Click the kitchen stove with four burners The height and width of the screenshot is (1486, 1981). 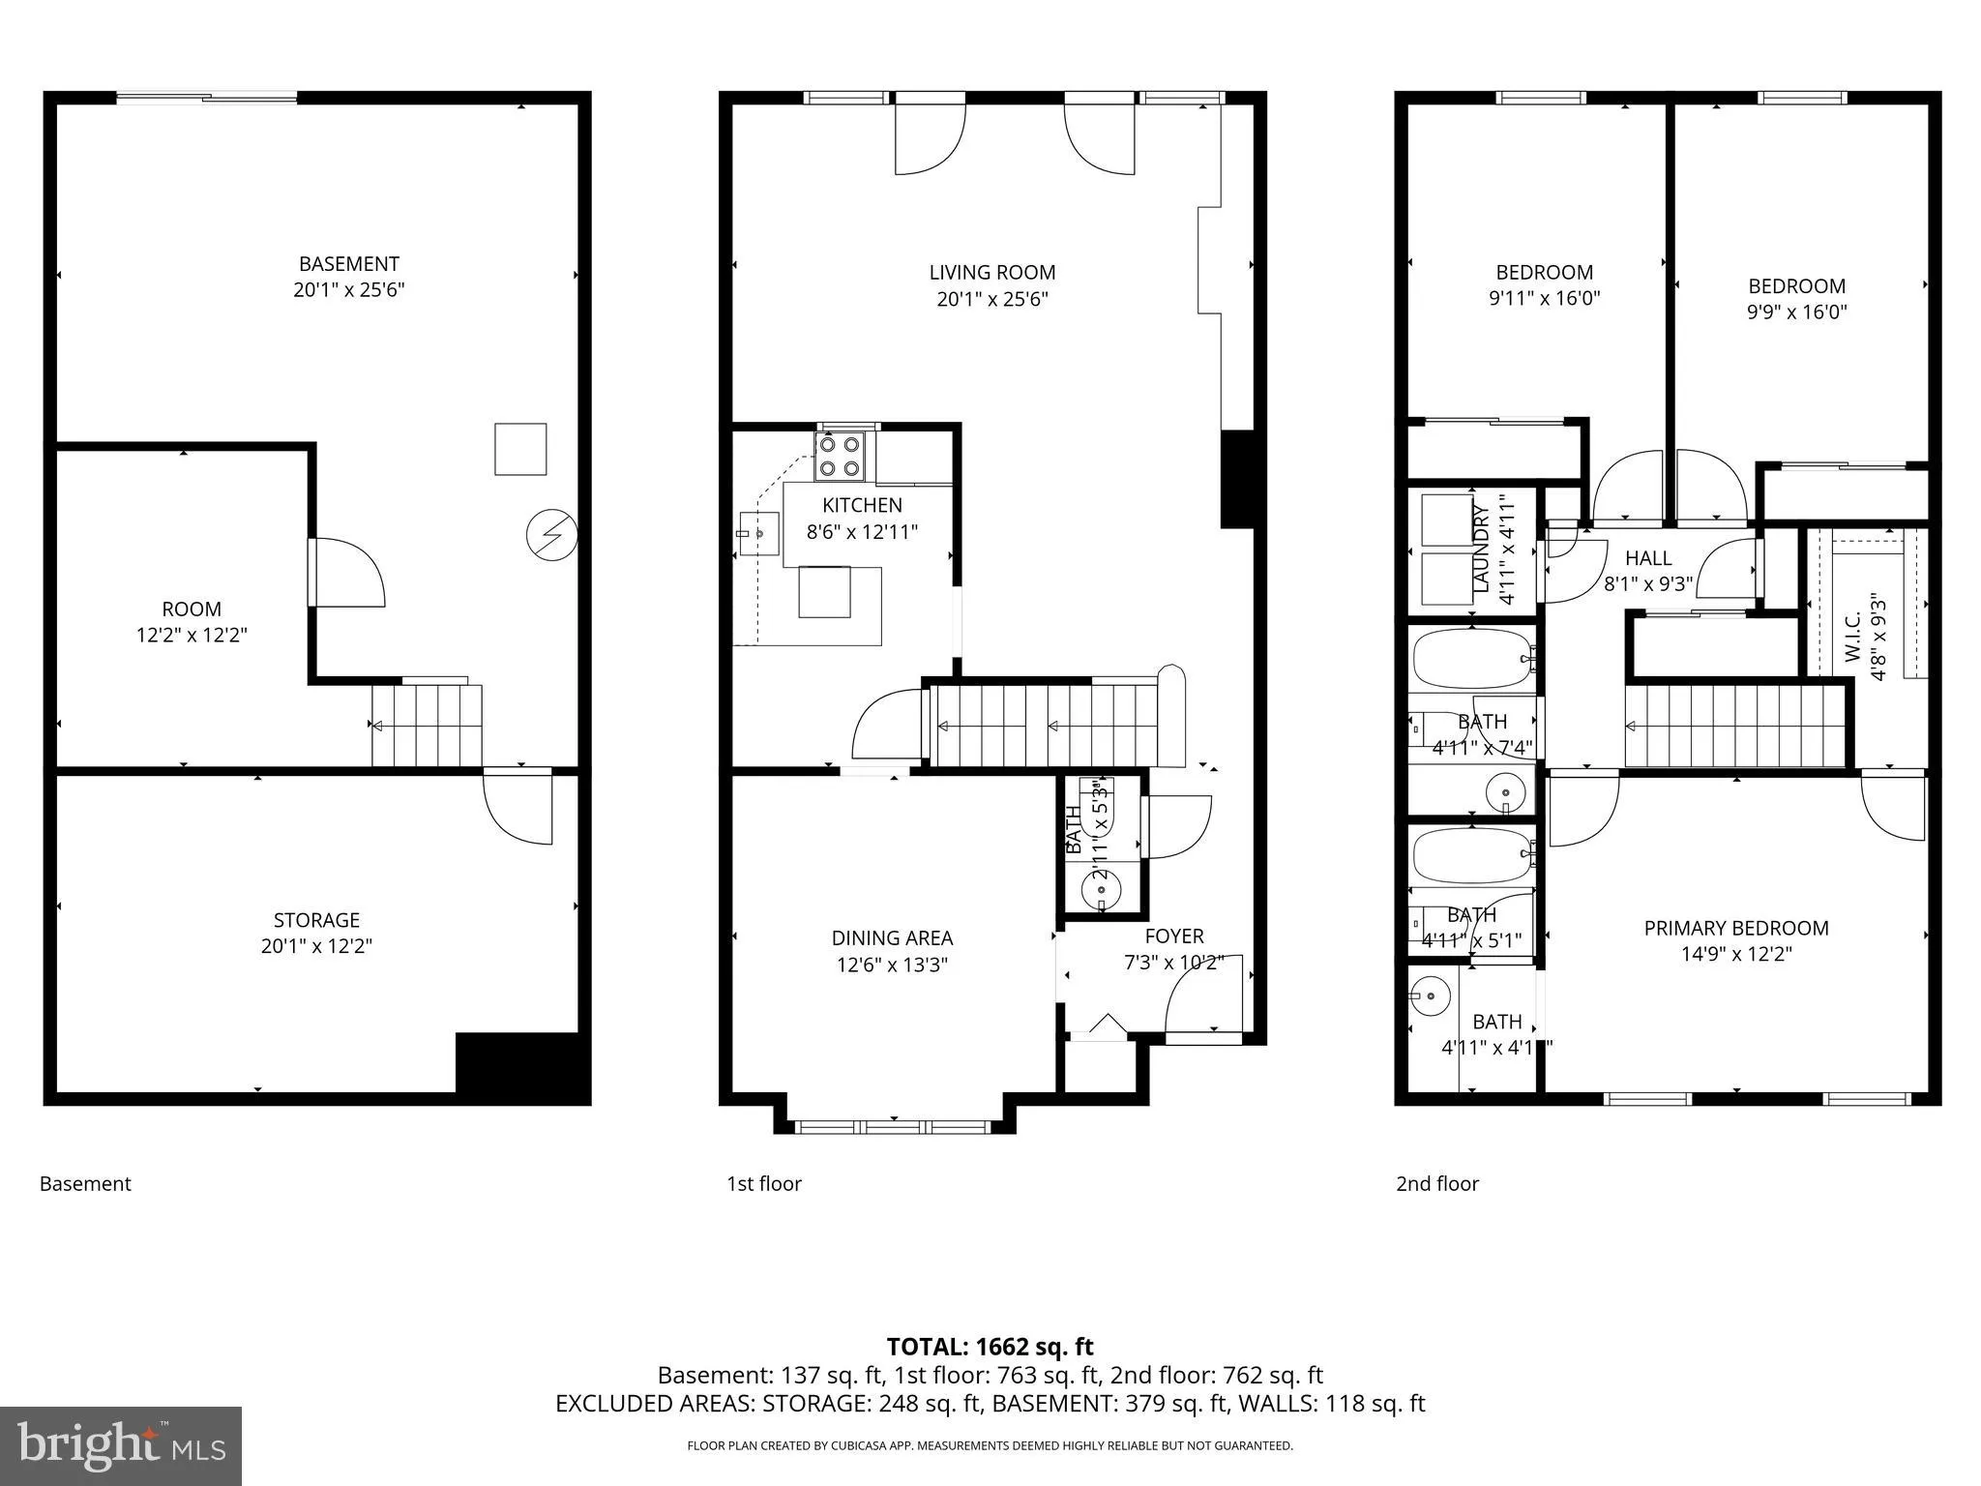[x=839, y=457]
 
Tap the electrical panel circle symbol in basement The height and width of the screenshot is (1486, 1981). [x=551, y=535]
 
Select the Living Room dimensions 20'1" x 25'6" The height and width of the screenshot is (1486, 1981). [x=991, y=299]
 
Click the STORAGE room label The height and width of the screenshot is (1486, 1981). [x=316, y=920]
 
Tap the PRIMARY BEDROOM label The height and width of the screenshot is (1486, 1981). [x=1735, y=928]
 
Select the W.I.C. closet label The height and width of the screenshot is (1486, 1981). [x=1852, y=638]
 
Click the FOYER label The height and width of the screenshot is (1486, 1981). [x=1173, y=936]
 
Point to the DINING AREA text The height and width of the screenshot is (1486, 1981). [x=892, y=937]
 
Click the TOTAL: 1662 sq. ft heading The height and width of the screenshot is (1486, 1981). [x=990, y=1347]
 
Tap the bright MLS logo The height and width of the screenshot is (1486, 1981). [x=120, y=1445]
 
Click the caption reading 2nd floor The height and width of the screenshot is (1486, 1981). [x=1436, y=1183]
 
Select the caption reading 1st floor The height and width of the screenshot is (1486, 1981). [x=764, y=1183]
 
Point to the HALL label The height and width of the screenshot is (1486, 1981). [x=1648, y=558]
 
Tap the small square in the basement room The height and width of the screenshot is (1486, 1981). [x=520, y=449]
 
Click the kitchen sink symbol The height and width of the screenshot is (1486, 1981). [x=759, y=533]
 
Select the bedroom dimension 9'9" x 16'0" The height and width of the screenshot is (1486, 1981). [x=1796, y=312]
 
